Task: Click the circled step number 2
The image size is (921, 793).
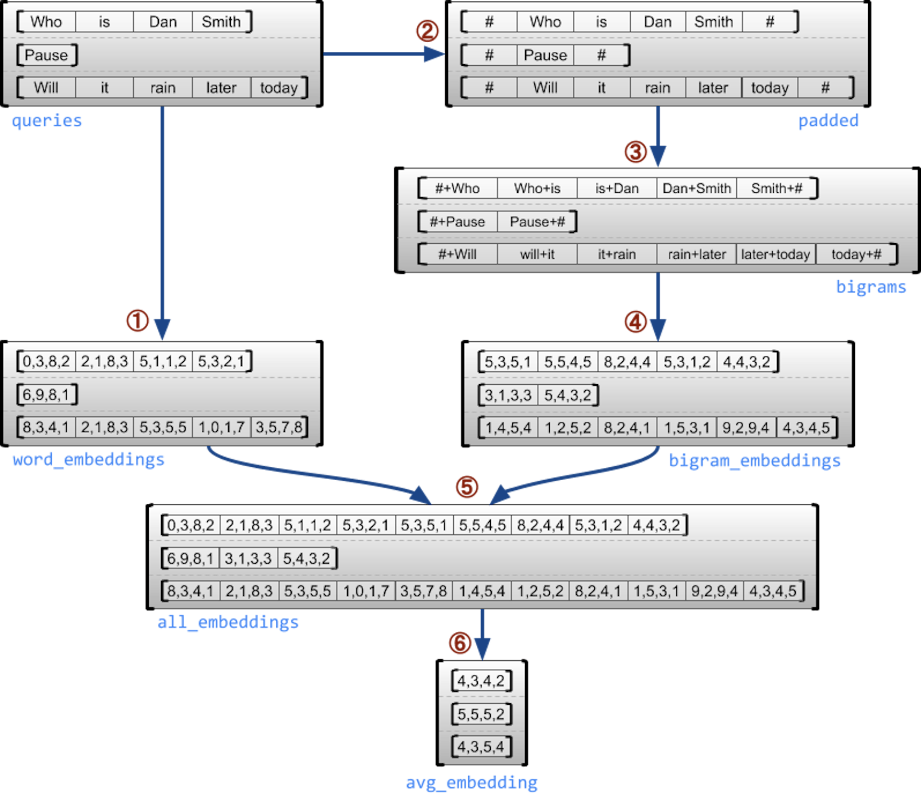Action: pos(427,31)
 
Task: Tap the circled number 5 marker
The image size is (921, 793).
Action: pos(467,487)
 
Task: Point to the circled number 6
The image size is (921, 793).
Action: pos(460,643)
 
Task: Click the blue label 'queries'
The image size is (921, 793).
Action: pos(47,120)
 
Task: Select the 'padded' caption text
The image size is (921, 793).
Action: pos(828,120)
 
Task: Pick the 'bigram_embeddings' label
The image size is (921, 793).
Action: pos(755,461)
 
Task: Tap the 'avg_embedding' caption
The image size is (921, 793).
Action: pos(472,782)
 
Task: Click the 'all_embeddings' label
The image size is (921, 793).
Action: pos(228,622)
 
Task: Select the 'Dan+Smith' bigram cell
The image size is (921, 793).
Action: pos(697,188)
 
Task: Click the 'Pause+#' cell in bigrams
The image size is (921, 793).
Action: pos(537,222)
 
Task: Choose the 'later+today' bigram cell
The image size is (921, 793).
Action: pos(776,254)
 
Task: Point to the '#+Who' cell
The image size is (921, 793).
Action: pos(457,188)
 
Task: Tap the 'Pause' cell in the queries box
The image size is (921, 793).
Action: pos(46,55)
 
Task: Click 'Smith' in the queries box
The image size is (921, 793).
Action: pos(221,22)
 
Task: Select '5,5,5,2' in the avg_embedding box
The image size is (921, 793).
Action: pos(481,714)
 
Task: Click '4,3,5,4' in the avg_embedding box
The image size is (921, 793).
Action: pos(481,747)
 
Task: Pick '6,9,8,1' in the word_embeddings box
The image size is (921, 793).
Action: pos(46,395)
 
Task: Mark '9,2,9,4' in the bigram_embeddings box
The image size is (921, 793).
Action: pos(746,427)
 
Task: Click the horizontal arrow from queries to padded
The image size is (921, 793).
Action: pos(383,54)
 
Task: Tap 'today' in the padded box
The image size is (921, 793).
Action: pos(769,88)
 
